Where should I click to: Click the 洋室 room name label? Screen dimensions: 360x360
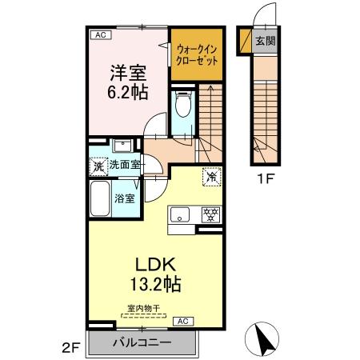[126, 73]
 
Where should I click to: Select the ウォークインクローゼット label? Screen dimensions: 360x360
[197, 54]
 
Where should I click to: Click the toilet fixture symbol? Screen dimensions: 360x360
[182, 105]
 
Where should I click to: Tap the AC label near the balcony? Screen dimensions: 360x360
[180, 320]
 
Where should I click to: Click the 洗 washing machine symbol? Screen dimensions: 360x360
[97, 167]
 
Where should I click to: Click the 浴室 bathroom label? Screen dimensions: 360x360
[124, 196]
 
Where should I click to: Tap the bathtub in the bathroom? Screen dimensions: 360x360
[100, 196]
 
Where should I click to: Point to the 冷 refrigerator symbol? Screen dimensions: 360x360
[212, 177]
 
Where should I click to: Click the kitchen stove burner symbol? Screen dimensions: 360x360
[211, 214]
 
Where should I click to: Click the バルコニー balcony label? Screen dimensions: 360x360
[144, 342]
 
